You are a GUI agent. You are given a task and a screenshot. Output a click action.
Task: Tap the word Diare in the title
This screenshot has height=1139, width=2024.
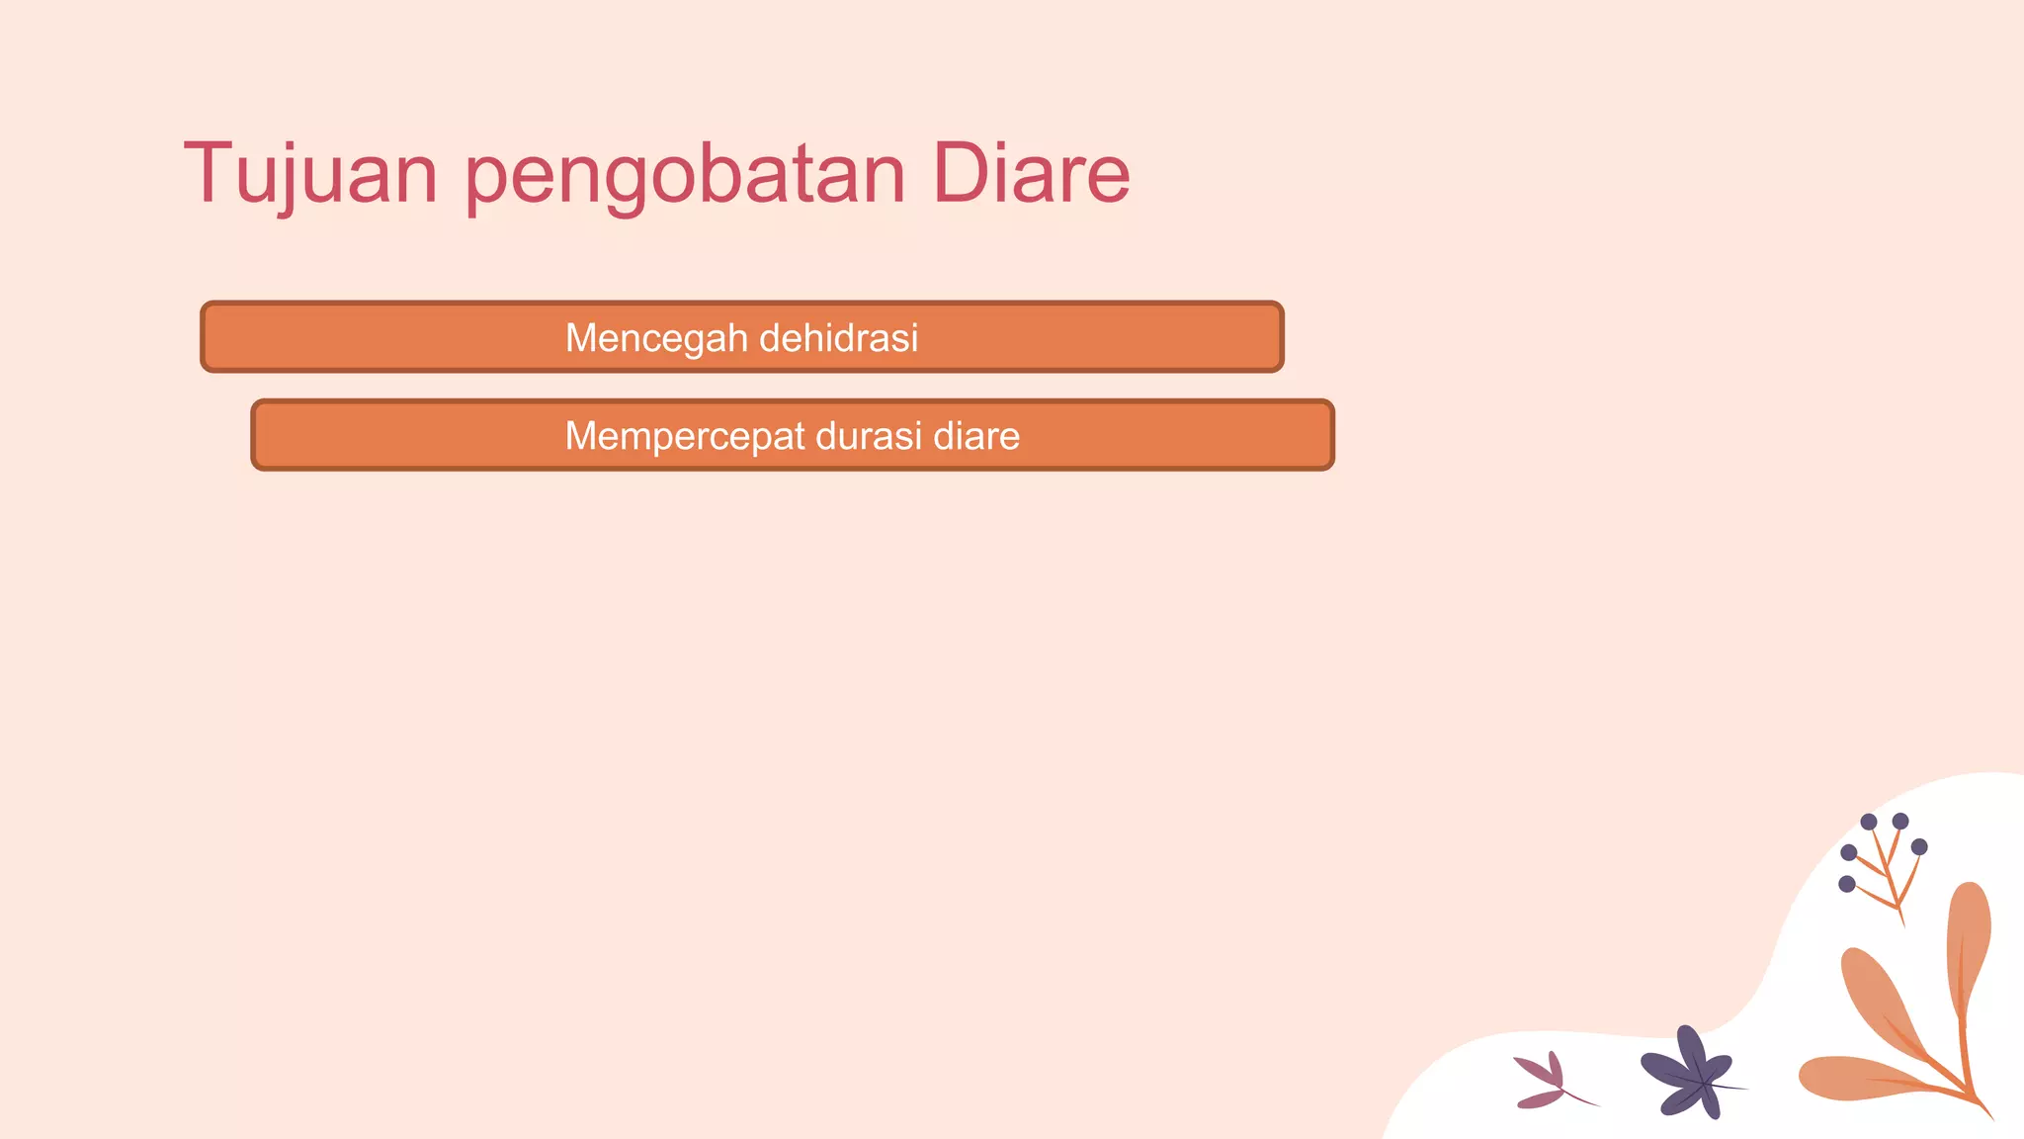pyautogui.click(x=1030, y=174)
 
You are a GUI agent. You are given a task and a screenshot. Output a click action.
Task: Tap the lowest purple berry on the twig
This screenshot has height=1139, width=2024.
pyautogui.click(x=1846, y=884)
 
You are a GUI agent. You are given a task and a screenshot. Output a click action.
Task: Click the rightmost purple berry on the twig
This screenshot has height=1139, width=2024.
pyautogui.click(x=1919, y=847)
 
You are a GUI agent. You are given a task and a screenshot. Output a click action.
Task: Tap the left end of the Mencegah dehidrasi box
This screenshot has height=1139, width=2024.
pyautogui.click(x=210, y=337)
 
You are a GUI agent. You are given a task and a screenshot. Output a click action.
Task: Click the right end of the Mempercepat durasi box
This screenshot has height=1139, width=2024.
pyautogui.click(x=1325, y=435)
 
